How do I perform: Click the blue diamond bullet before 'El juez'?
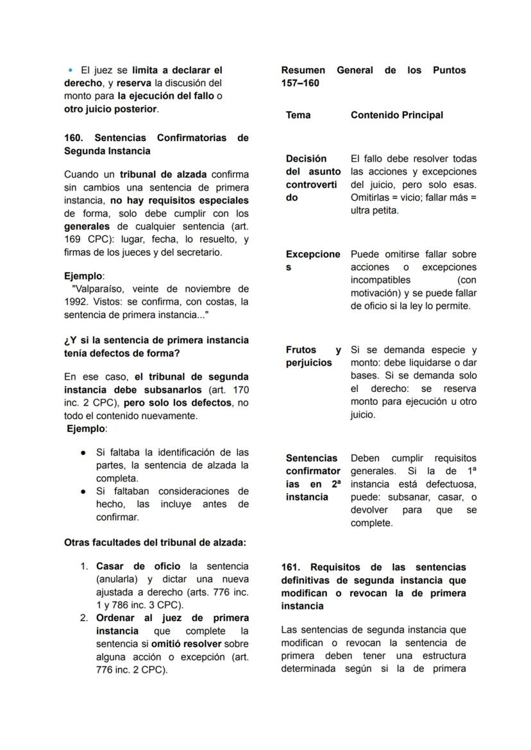(71, 70)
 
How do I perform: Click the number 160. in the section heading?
(74, 138)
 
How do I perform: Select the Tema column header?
(298, 115)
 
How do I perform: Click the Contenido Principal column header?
(396, 115)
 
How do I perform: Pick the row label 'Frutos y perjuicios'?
(312, 356)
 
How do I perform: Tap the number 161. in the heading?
(292, 567)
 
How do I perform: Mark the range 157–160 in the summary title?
(301, 83)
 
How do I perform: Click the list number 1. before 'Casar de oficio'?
(84, 567)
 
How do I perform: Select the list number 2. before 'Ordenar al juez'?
(84, 618)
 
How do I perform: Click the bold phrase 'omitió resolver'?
(186, 644)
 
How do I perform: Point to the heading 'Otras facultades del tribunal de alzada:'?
(155, 542)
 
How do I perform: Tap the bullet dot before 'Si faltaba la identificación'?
(83, 452)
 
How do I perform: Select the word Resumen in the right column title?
(303, 70)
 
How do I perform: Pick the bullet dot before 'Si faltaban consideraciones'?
(83, 491)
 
